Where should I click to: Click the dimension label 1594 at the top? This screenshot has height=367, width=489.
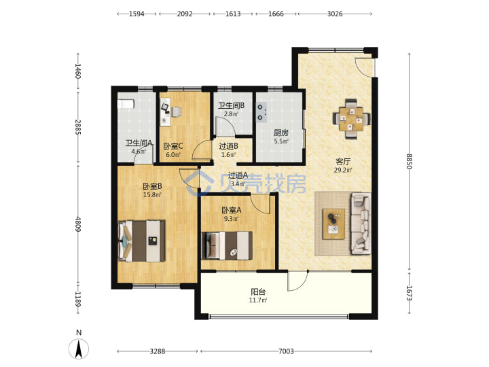137,14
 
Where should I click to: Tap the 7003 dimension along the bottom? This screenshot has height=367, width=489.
286,351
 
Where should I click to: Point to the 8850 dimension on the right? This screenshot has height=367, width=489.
409,161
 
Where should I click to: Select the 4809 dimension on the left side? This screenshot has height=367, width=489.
78,224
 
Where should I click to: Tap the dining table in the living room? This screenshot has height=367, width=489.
352,119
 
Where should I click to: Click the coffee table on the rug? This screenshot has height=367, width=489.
333,224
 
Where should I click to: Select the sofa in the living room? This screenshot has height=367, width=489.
361,224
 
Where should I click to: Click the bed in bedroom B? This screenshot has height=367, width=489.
141,241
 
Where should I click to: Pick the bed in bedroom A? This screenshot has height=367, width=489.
227,245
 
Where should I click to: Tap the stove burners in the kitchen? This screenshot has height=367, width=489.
261,112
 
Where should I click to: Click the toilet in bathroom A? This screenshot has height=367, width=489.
126,104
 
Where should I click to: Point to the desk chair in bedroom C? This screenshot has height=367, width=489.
176,111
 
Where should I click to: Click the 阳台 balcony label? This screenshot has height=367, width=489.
258,292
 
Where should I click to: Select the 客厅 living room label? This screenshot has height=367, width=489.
343,161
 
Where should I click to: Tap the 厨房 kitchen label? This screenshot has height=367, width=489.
281,133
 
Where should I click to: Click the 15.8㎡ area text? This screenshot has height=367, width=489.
152,195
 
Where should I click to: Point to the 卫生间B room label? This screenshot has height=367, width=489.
231,105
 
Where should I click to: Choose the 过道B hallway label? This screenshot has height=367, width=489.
229,145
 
